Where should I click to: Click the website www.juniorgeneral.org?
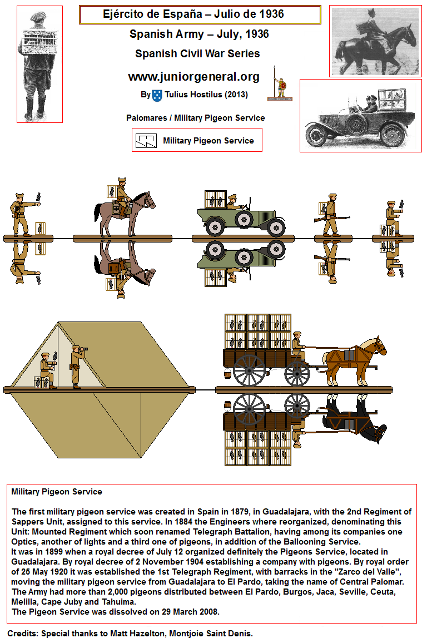[x=193, y=77]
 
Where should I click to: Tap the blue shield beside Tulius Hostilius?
[x=157, y=96]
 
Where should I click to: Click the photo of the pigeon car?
[x=361, y=116]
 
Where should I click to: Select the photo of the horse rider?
[x=375, y=41]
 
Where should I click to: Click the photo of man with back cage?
[x=39, y=64]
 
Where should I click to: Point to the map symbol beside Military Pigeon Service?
[x=146, y=141]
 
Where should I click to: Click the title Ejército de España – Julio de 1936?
[x=193, y=14]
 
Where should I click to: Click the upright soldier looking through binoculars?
[x=77, y=366]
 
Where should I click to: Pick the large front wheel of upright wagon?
[x=249, y=370]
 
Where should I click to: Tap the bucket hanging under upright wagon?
[x=228, y=373]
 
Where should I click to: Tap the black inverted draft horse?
[x=355, y=418]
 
